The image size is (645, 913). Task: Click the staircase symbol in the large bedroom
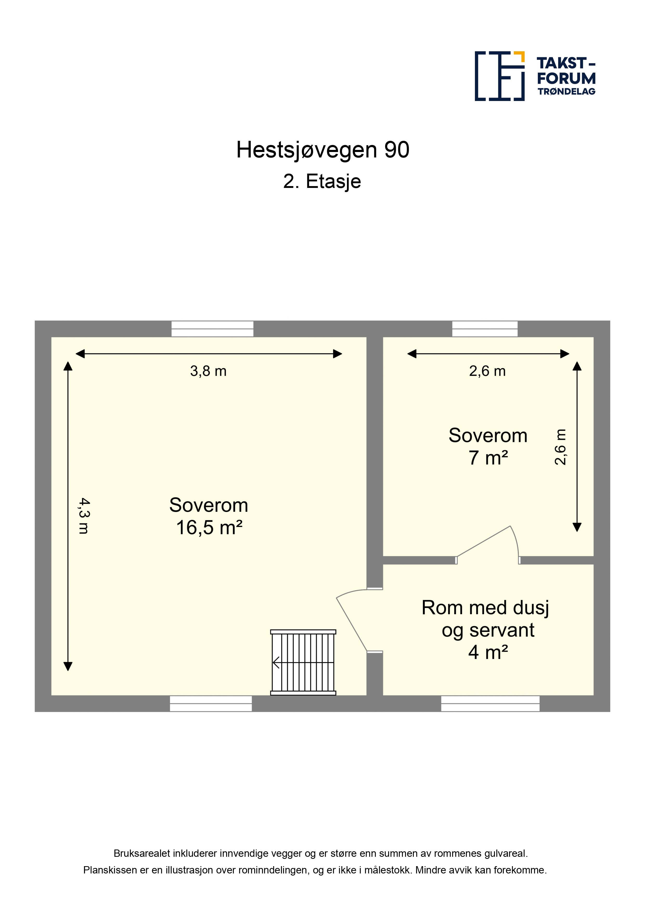[303, 662]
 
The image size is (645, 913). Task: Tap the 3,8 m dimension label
[208, 371]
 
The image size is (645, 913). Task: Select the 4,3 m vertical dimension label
[84, 516]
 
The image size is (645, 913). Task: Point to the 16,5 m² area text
[209, 528]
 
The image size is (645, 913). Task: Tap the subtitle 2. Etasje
[322, 182]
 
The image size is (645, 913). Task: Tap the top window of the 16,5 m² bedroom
[212, 329]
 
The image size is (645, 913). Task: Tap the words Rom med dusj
[485, 608]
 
